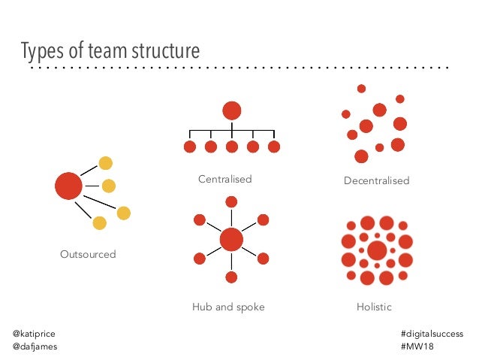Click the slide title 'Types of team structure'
(x=110, y=51)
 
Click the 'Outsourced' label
(x=88, y=255)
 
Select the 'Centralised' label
(x=224, y=180)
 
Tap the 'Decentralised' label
(x=376, y=181)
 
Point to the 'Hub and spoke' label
(x=228, y=307)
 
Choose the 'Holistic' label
(x=374, y=307)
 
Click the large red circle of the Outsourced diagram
(x=68, y=186)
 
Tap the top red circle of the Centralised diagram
(x=232, y=110)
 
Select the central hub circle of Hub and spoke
(x=231, y=240)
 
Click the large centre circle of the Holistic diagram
(x=377, y=250)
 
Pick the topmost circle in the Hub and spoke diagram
(x=231, y=201)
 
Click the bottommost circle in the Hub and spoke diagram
(x=231, y=278)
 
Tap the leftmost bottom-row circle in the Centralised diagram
(x=190, y=146)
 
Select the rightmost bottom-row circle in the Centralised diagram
(x=274, y=146)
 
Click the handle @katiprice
(x=34, y=334)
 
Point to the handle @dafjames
(x=35, y=346)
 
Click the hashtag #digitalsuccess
(x=432, y=334)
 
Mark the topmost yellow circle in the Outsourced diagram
(x=106, y=163)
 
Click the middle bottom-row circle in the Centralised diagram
(x=232, y=146)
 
